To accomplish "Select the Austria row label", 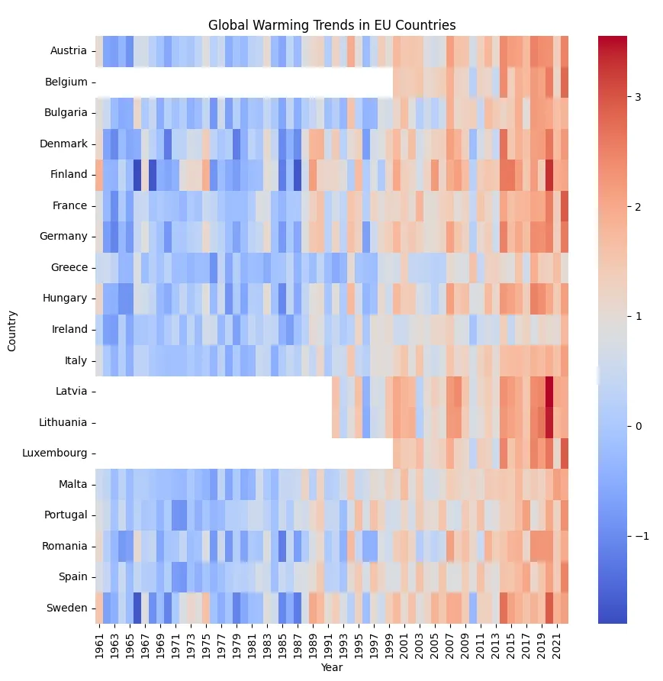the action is click(x=69, y=51).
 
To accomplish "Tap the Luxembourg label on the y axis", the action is click(x=55, y=453).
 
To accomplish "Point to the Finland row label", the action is click(x=69, y=174).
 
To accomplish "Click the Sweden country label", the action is click(x=67, y=608).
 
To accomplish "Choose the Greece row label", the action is click(x=69, y=267).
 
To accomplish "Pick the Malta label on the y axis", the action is click(x=73, y=484).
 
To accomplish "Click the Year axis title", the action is click(x=332, y=667).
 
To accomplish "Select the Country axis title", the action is click(x=11, y=331).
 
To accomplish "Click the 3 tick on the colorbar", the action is click(x=638, y=97).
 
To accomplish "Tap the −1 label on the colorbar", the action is click(x=642, y=536).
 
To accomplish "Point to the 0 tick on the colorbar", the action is click(x=639, y=426).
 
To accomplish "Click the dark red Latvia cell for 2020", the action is click(x=549, y=392).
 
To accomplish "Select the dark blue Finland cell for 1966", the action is click(x=137, y=175).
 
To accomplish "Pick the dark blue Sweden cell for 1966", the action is click(x=137, y=608).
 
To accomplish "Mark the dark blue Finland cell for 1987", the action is click(x=298, y=175).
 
